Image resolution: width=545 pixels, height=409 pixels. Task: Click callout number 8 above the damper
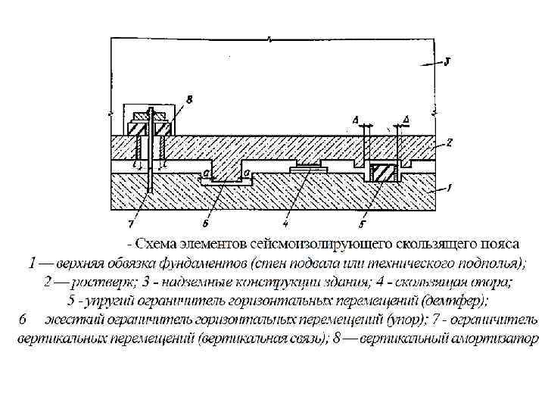click(x=188, y=98)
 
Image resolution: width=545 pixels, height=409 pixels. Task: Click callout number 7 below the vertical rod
click(x=131, y=223)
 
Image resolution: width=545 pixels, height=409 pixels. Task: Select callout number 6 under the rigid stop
click(x=205, y=223)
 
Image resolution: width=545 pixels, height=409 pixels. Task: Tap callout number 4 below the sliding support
click(x=285, y=223)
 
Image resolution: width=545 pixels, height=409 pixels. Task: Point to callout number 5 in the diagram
click(x=362, y=224)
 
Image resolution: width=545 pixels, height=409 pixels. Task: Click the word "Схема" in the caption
click(x=158, y=244)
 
